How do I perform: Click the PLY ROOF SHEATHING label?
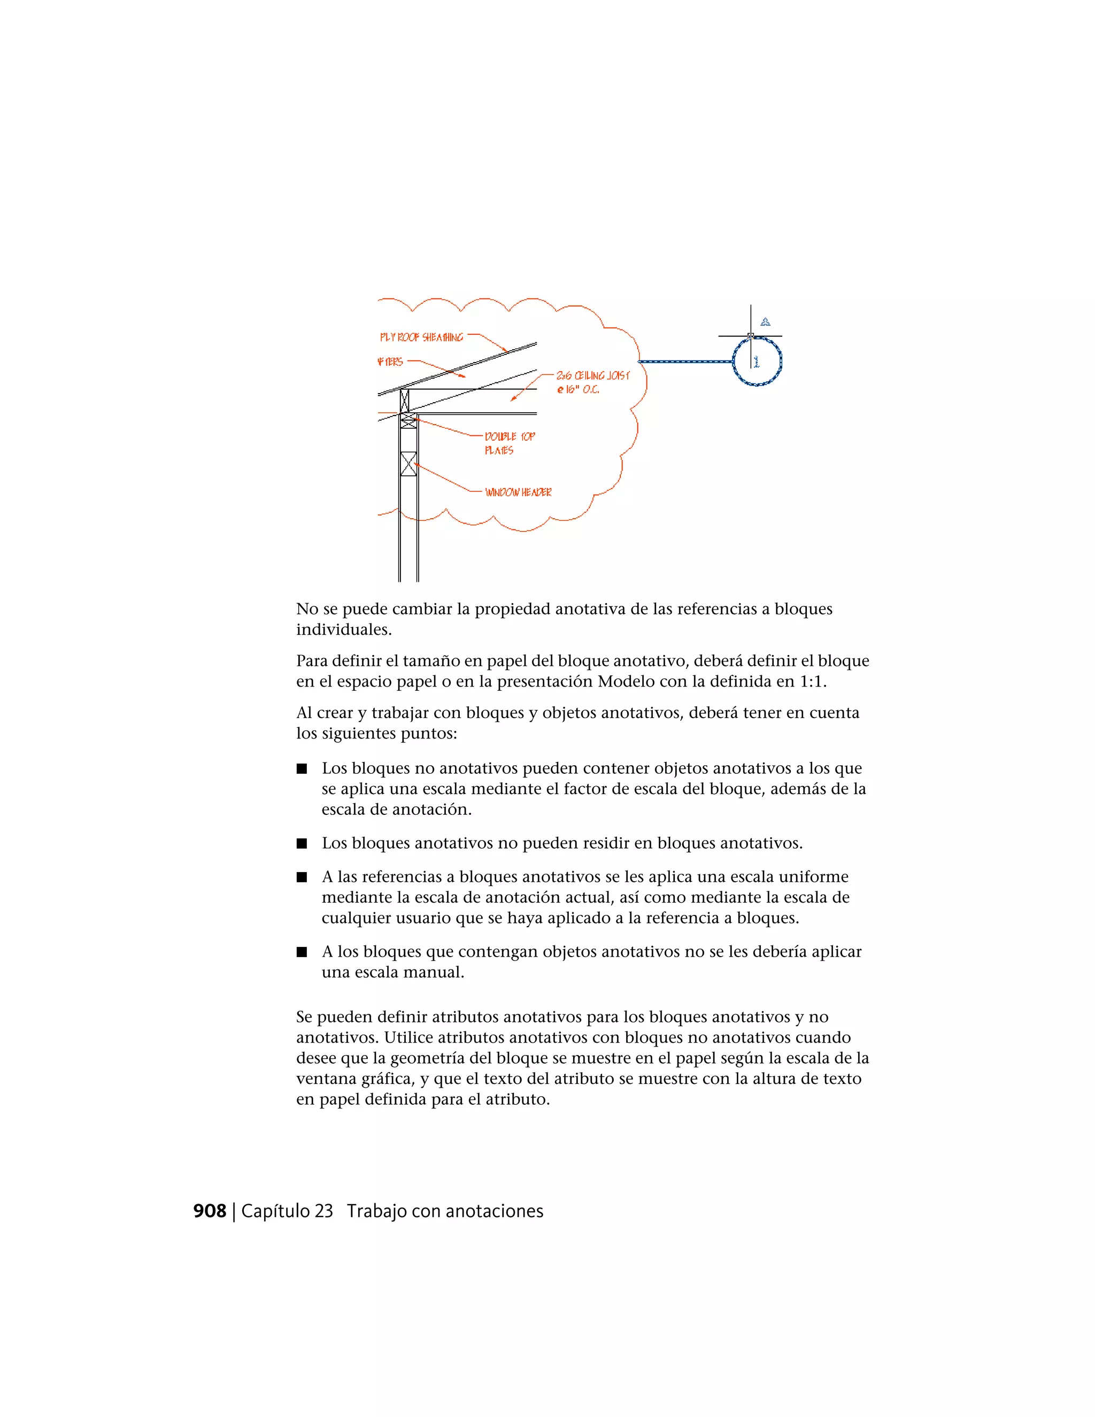(422, 337)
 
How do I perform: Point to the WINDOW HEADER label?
(518, 492)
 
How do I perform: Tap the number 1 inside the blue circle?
(757, 362)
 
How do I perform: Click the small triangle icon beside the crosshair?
(766, 322)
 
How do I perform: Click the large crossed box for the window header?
(408, 464)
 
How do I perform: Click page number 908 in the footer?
(210, 1211)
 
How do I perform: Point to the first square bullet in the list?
(302, 769)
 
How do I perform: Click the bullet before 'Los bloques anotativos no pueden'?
(302, 843)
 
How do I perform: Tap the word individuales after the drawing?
(343, 630)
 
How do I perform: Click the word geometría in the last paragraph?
(428, 1058)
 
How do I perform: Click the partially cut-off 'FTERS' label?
(390, 362)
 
